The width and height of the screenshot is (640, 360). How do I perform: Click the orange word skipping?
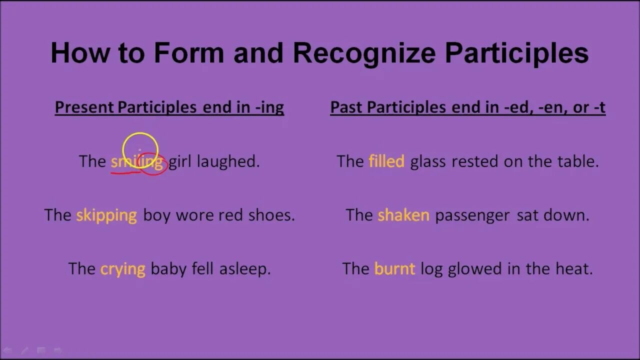(106, 215)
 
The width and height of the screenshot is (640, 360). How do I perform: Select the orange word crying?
(122, 269)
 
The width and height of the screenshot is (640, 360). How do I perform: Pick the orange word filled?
(386, 161)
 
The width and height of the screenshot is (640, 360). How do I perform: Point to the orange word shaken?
(403, 215)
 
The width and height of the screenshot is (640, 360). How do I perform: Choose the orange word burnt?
(394, 269)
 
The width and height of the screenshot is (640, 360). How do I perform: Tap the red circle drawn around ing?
(153, 164)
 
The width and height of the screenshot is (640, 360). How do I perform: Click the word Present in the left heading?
(84, 107)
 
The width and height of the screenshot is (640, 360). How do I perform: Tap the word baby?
(168, 269)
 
